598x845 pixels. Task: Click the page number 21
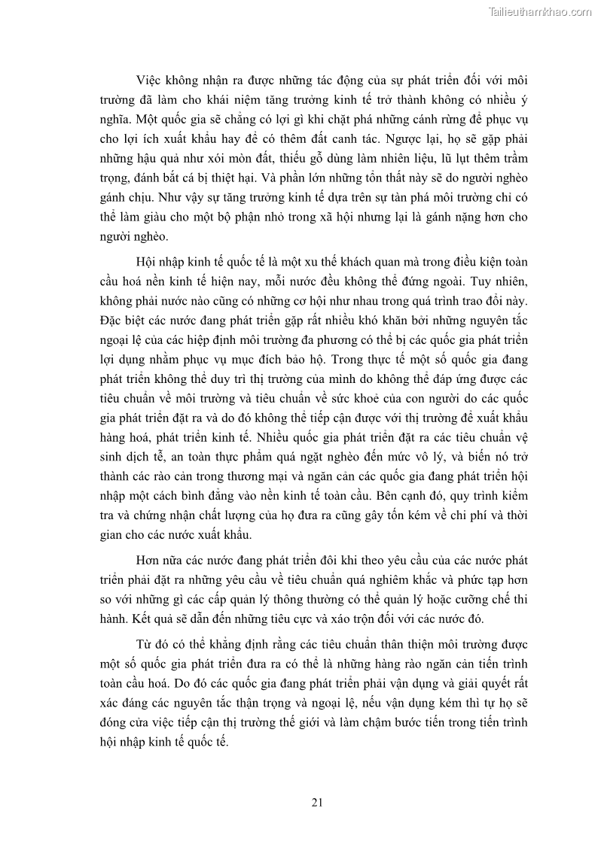point(317,802)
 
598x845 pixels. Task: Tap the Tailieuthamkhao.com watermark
point(541,11)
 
